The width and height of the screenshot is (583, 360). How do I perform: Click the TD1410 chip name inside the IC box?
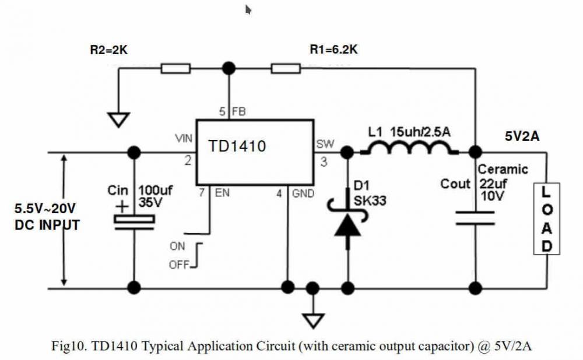point(237,146)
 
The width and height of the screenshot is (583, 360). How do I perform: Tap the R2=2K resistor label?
point(108,51)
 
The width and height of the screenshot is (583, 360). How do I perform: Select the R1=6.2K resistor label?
point(333,51)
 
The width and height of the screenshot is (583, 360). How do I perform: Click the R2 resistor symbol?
point(175,69)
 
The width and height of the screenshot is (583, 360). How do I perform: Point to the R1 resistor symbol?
point(286,69)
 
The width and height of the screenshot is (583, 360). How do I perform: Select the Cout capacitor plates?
point(476,218)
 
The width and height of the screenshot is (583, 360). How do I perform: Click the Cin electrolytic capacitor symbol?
point(134,221)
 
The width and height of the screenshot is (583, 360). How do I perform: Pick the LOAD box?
point(547,218)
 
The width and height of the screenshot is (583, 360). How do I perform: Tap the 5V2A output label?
point(522,137)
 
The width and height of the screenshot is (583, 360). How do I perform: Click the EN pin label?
point(222,192)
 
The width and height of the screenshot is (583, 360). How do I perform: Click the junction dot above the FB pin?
point(229,69)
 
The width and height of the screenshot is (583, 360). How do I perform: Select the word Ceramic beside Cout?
point(503,170)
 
